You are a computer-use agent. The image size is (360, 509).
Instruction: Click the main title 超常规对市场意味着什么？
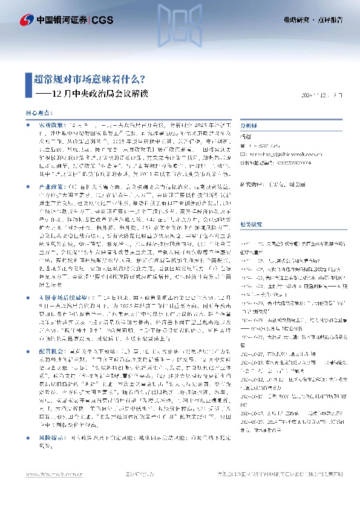(x=89, y=79)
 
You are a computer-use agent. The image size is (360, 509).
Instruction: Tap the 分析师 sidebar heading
(x=249, y=126)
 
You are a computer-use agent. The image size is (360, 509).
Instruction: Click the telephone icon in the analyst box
(x=243, y=146)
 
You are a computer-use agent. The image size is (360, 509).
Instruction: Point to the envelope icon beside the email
(x=243, y=154)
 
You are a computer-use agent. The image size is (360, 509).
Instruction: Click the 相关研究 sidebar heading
(x=250, y=224)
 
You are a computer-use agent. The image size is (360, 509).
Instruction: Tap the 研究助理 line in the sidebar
(x=272, y=184)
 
